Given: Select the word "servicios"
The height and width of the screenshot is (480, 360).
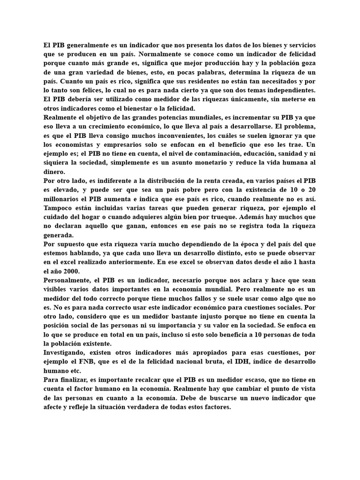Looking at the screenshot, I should (x=299, y=45).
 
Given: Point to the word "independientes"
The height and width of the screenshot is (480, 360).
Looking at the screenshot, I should (x=289, y=90).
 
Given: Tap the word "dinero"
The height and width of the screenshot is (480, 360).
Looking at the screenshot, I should (x=54, y=172).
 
